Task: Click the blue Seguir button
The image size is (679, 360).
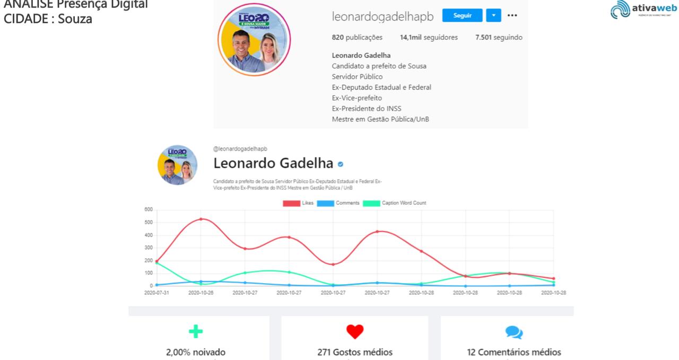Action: [x=462, y=15]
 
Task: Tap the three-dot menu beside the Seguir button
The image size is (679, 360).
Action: [x=512, y=15]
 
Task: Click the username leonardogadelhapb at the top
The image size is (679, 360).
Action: [x=382, y=16]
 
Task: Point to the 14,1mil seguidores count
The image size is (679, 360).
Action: [x=429, y=38]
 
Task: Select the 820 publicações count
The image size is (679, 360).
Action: [x=357, y=38]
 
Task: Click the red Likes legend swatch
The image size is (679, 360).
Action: [x=291, y=203]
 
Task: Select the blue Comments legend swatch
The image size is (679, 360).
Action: [x=325, y=203]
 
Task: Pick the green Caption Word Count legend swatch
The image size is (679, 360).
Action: [x=371, y=203]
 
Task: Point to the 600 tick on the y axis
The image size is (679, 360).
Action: [x=149, y=209]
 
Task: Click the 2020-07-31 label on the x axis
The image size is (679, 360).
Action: [x=156, y=293]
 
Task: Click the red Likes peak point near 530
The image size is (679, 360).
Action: [x=201, y=219]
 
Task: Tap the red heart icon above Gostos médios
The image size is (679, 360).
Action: [x=355, y=332]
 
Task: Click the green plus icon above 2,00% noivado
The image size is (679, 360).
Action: [x=196, y=332]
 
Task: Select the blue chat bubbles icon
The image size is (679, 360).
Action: [x=513, y=332]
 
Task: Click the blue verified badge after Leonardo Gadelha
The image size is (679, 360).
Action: [x=341, y=164]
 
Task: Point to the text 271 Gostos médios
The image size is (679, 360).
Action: [x=355, y=352]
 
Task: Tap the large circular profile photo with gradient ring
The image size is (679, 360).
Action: [x=254, y=40]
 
